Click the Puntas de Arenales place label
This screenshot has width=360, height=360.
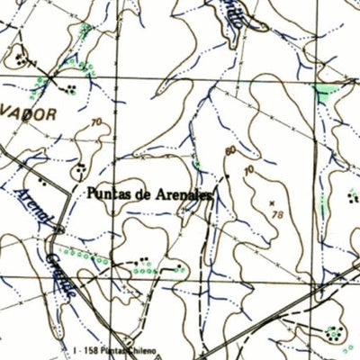tap(148, 193)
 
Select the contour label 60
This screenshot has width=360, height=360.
tap(231, 150)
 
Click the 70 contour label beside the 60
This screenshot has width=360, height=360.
tap(247, 167)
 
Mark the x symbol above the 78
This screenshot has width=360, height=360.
tap(271, 203)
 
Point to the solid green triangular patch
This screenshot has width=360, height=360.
tap(322, 90)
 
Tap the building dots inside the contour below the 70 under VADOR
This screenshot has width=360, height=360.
tap(82, 167)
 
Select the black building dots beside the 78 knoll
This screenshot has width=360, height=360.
tap(352, 195)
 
